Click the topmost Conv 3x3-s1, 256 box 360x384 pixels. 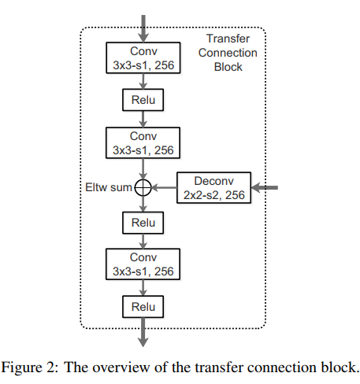[x=143, y=57]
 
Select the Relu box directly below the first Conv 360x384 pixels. [x=143, y=100]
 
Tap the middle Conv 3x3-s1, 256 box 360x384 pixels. [x=143, y=143]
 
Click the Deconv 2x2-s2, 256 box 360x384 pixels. [x=214, y=188]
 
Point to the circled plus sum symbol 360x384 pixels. [x=143, y=188]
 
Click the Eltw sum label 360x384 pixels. [x=109, y=187]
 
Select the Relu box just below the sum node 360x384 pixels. [x=143, y=223]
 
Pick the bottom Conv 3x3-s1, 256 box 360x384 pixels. [x=143, y=264]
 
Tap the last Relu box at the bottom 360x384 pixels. [x=143, y=307]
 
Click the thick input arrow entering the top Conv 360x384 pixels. [x=143, y=28]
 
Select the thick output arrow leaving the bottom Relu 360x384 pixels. [x=143, y=332]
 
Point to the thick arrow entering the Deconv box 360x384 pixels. [x=265, y=188]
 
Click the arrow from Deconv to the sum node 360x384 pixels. [x=165, y=188]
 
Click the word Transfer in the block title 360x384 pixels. [x=228, y=39]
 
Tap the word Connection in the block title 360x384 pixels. [x=228, y=53]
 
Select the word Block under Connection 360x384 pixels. [x=228, y=67]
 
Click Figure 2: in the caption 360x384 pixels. [x=29, y=367]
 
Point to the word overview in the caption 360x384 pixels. [x=121, y=367]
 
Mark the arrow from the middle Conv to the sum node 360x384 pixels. [x=143, y=169]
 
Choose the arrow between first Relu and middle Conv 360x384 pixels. [x=143, y=119]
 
